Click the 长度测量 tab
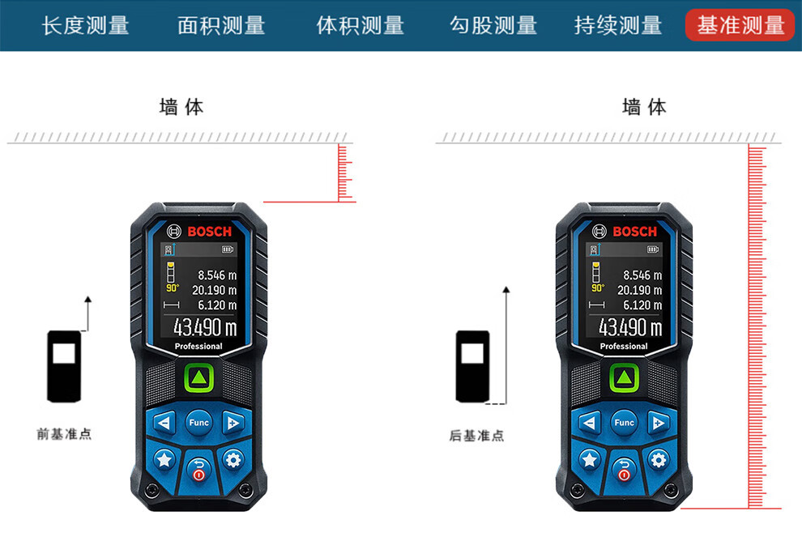(85, 25)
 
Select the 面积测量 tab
(221, 25)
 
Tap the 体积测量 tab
(360, 25)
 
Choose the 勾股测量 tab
(493, 25)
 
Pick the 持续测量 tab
(618, 25)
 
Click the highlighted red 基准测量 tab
(740, 25)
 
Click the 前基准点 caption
(64, 434)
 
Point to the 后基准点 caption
(476, 436)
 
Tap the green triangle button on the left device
(198, 378)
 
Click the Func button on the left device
(198, 422)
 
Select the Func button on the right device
(624, 422)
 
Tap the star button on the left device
(164, 459)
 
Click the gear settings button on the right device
(658, 459)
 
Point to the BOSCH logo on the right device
(634, 232)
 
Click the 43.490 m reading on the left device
(204, 327)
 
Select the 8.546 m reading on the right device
(642, 275)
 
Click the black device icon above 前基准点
(64, 366)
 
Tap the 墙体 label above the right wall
(644, 107)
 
